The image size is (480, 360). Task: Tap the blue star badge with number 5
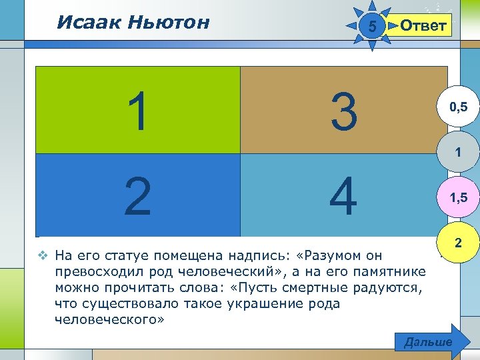(373, 27)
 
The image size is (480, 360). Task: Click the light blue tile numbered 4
(343, 195)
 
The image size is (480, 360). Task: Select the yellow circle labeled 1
(457, 153)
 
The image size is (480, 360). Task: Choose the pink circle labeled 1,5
(457, 198)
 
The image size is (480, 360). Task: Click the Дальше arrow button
(429, 342)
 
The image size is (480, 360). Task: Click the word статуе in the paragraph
(126, 255)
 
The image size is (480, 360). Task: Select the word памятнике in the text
(393, 272)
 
